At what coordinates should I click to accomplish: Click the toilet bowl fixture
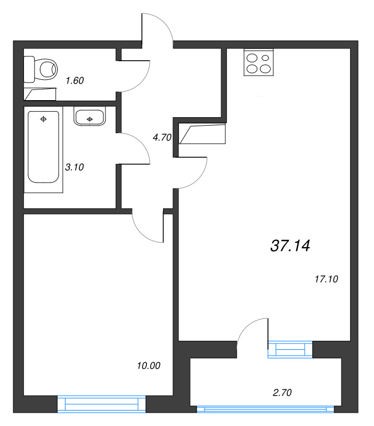[x=41, y=69]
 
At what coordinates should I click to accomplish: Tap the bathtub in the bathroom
[x=44, y=147]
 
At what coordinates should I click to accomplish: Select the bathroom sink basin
[x=90, y=118]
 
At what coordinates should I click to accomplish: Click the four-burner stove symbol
[x=258, y=62]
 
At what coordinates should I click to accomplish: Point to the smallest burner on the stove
[x=265, y=58]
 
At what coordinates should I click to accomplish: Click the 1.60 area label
[x=75, y=80]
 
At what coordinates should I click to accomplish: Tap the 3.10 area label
[x=75, y=167]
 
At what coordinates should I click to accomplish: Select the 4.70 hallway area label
[x=162, y=137]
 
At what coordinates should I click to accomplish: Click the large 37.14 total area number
[x=290, y=245]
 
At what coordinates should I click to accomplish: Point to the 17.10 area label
[x=327, y=279]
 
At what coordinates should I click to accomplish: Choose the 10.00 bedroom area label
[x=149, y=366]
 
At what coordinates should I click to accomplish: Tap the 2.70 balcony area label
[x=282, y=392]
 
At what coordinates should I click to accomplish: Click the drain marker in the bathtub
[x=43, y=119]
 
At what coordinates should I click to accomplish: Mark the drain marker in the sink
[x=90, y=119]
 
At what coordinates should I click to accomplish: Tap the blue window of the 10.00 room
[x=102, y=404]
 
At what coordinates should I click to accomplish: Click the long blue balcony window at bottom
[x=265, y=409]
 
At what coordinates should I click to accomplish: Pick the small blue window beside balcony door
[x=290, y=349]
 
